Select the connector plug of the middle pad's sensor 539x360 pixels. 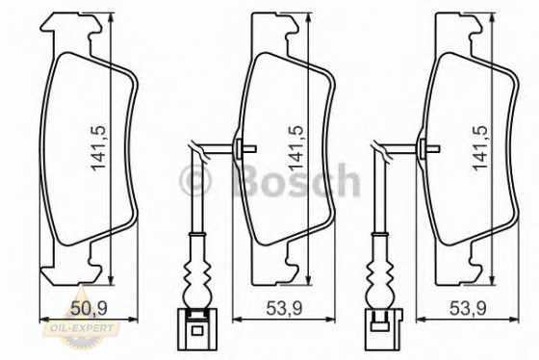point(198,325)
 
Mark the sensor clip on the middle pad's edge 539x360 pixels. point(241,147)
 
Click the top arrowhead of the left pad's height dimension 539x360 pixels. point(111,19)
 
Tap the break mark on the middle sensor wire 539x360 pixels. point(197,147)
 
